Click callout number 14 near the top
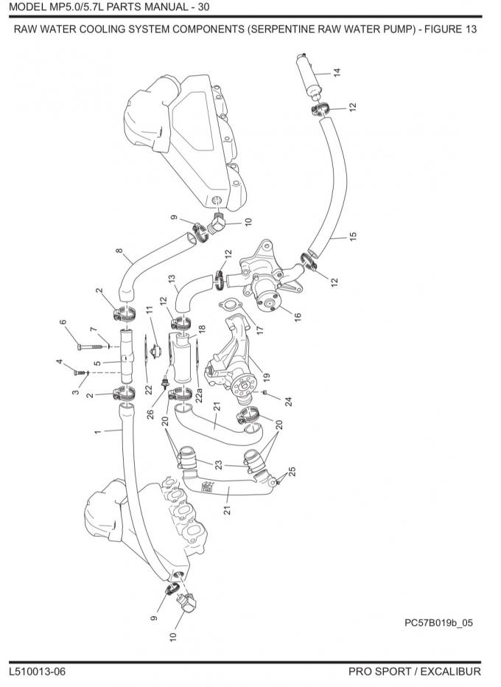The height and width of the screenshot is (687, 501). (337, 73)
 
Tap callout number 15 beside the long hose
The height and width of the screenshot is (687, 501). (353, 236)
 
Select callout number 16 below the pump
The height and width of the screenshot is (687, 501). (298, 317)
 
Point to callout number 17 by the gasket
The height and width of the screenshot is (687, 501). (260, 330)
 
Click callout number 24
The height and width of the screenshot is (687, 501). (288, 401)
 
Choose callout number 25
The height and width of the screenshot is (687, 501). (292, 472)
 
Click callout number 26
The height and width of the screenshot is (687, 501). (150, 414)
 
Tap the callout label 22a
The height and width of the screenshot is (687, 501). (199, 395)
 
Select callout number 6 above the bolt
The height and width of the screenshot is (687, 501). (63, 322)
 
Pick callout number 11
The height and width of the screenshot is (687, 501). (150, 310)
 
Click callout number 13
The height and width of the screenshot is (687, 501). (172, 278)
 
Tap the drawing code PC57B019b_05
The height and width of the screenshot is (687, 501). (439, 623)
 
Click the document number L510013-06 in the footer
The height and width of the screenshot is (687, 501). (38, 672)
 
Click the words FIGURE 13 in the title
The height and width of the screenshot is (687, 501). (451, 29)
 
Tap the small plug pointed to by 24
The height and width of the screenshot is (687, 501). (265, 392)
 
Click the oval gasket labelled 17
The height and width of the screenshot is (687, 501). (229, 305)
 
